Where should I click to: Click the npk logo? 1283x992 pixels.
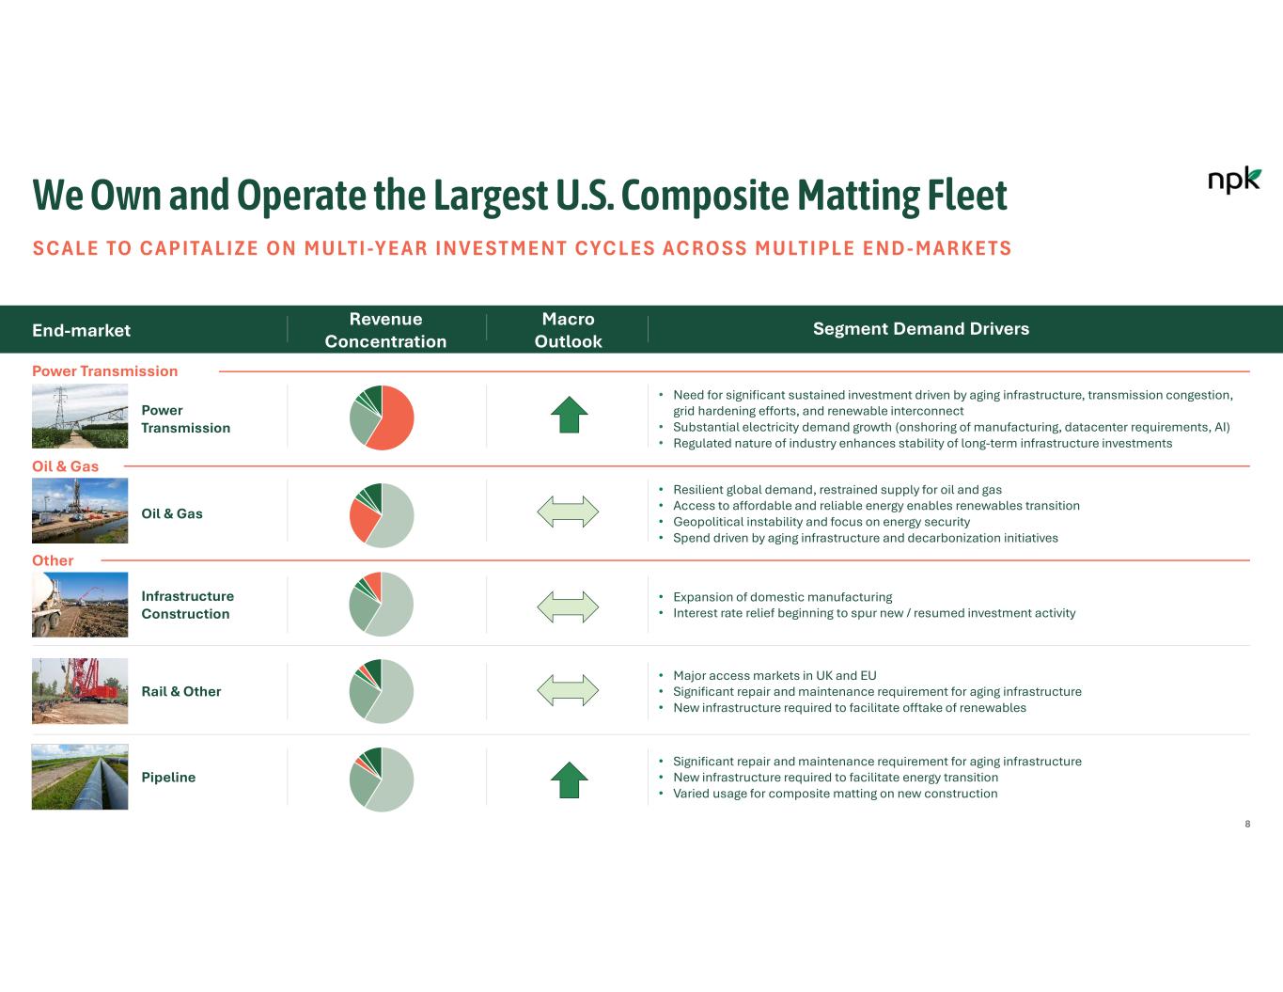pyautogui.click(x=1233, y=180)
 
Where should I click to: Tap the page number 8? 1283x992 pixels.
pyautogui.click(x=1247, y=824)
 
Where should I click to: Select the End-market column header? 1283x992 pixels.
pyautogui.click(x=82, y=330)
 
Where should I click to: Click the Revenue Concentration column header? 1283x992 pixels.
pyautogui.click(x=385, y=330)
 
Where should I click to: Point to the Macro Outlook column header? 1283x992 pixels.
pyautogui.click(x=568, y=330)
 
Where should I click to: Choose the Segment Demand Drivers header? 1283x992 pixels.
pyautogui.click(x=920, y=329)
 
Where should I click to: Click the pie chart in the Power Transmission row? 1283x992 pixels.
pyautogui.click(x=382, y=417)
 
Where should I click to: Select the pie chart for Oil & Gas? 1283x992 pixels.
pyautogui.click(x=382, y=515)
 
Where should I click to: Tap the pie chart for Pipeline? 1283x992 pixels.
pyautogui.click(x=382, y=779)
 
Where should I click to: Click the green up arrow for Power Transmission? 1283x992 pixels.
pyautogui.click(x=569, y=415)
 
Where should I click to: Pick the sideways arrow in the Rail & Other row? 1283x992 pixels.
pyautogui.click(x=568, y=690)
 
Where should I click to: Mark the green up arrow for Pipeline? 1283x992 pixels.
pyautogui.click(x=569, y=779)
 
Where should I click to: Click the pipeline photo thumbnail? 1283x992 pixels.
pyautogui.click(x=80, y=778)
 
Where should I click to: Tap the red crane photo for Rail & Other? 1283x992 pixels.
pyautogui.click(x=80, y=691)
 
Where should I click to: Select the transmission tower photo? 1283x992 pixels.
pyautogui.click(x=80, y=417)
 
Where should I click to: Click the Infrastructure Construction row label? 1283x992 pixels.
pyautogui.click(x=187, y=605)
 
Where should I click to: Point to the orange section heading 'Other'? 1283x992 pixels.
pyautogui.click(x=53, y=560)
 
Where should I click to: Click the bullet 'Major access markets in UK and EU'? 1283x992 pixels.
pyautogui.click(x=774, y=675)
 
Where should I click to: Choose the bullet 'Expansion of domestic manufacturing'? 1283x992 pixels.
pyautogui.click(x=782, y=597)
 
